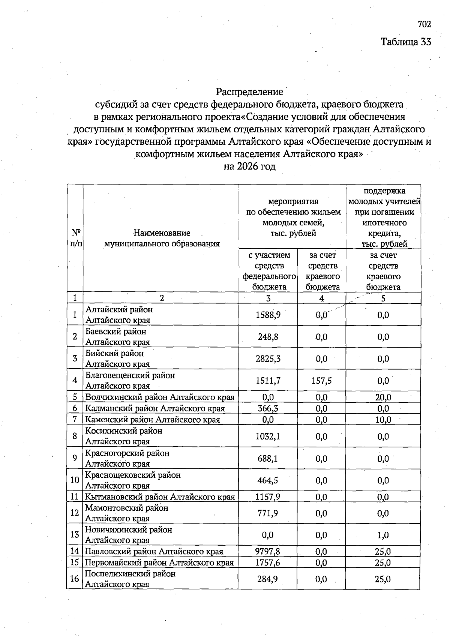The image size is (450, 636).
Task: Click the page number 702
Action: (x=424, y=24)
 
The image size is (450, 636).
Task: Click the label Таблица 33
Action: (x=406, y=42)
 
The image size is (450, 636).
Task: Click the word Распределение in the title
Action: (x=249, y=91)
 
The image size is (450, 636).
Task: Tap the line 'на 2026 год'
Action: (x=249, y=166)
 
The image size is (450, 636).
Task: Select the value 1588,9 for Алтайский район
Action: (x=268, y=315)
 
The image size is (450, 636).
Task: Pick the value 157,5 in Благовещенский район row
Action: (x=321, y=381)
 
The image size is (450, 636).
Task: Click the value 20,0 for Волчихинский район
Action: (x=383, y=397)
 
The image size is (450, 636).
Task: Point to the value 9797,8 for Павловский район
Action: (x=268, y=551)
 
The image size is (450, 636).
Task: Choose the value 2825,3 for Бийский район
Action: (x=268, y=358)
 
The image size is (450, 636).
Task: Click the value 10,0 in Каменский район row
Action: (x=383, y=419)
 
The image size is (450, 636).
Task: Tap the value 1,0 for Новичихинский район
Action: (x=383, y=535)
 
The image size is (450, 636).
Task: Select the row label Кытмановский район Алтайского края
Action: (x=160, y=497)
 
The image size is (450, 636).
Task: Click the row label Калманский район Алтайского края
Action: (x=155, y=408)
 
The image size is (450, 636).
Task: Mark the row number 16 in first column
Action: (x=74, y=579)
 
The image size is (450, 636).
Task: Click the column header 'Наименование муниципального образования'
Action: (x=162, y=238)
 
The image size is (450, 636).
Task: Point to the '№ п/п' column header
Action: (x=75, y=238)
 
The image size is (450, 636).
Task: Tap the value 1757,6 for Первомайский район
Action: (x=268, y=562)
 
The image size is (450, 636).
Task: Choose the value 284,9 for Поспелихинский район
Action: (x=268, y=579)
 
